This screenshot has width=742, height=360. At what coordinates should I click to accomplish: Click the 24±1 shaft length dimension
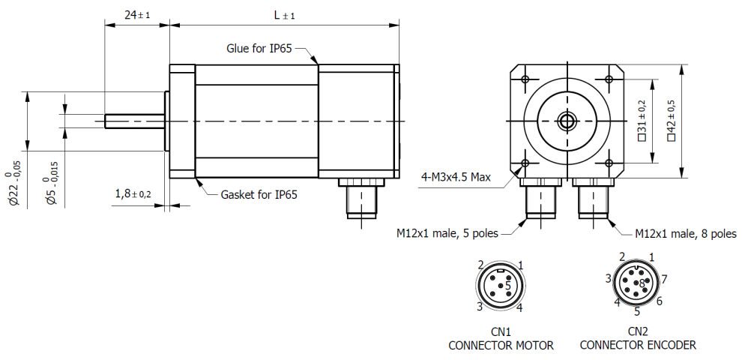pos(136,15)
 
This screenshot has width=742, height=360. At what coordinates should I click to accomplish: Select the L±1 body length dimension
pos(284,15)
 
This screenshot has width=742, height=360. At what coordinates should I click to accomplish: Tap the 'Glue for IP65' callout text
pos(259,48)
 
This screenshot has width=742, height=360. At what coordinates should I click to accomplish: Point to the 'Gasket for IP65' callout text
pos(259,194)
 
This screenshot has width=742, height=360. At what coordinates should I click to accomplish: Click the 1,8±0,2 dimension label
pos(133,193)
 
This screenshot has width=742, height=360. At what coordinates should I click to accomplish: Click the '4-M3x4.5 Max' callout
pos(456,178)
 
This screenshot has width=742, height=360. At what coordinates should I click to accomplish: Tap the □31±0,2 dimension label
pos(641,120)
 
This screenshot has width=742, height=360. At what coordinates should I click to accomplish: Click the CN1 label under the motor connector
pos(501,331)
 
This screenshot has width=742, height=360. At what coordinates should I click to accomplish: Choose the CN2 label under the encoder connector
pos(637,331)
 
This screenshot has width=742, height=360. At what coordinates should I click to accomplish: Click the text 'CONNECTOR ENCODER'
pos(637,345)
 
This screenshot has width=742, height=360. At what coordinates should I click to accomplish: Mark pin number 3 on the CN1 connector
pos(479,306)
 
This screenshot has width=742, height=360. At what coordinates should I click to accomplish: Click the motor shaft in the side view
pos(135,120)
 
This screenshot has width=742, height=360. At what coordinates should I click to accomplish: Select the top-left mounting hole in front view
pos(525,78)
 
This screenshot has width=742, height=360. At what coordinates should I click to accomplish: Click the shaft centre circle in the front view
pos(567,120)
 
